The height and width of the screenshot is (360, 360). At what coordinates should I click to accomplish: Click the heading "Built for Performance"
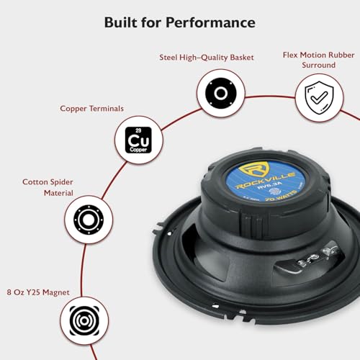point(179,22)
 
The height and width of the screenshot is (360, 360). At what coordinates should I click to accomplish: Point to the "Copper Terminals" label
point(91,108)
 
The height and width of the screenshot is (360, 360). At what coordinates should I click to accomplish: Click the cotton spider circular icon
point(87,220)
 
